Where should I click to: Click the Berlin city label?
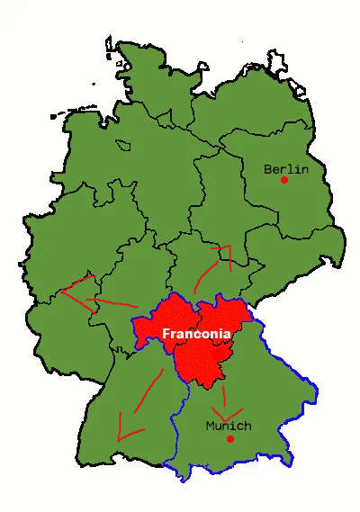point(286,168)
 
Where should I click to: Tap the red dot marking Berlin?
point(284,180)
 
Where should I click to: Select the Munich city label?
point(229,426)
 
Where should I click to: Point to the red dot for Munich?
point(230,439)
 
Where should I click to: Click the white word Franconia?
point(196,334)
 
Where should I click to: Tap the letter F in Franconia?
point(166,334)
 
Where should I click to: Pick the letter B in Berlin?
point(268,168)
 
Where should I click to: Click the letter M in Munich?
point(211,426)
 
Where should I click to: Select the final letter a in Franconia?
point(227,334)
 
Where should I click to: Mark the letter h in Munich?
point(247,426)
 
